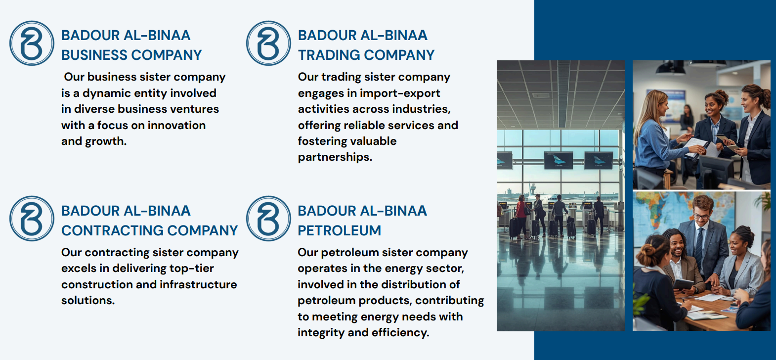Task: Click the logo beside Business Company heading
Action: pyautogui.click(x=32, y=43)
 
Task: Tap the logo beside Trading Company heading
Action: pyautogui.click(x=268, y=43)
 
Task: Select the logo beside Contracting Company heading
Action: pyautogui.click(x=32, y=218)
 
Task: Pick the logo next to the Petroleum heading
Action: pyautogui.click(x=268, y=218)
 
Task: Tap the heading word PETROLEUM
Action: pyautogui.click(x=339, y=230)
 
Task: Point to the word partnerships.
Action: pyautogui.click(x=335, y=157)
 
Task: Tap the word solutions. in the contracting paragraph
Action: pyautogui.click(x=88, y=300)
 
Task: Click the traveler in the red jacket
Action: pyautogui.click(x=520, y=217)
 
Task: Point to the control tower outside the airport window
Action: pyautogui.click(x=532, y=190)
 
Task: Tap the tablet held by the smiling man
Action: pyautogui.click(x=683, y=284)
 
